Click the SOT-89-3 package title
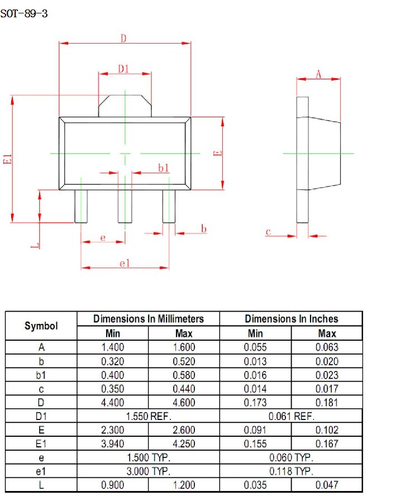(x=24, y=14)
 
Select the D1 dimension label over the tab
(x=123, y=69)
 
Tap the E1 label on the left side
(x=7, y=159)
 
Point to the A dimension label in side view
(x=318, y=74)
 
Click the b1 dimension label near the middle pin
(x=163, y=168)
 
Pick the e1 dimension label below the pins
(x=125, y=263)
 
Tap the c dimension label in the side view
(x=268, y=232)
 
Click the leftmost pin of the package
(x=81, y=206)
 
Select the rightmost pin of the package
(x=169, y=206)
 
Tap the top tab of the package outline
(x=125, y=105)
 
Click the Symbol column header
(x=41, y=326)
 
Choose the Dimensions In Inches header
(x=291, y=319)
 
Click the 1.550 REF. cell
(x=148, y=416)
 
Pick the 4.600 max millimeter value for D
(x=184, y=403)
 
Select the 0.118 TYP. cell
(x=291, y=471)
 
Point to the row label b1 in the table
(x=41, y=375)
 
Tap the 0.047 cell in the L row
(x=327, y=485)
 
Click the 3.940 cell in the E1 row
(x=112, y=444)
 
